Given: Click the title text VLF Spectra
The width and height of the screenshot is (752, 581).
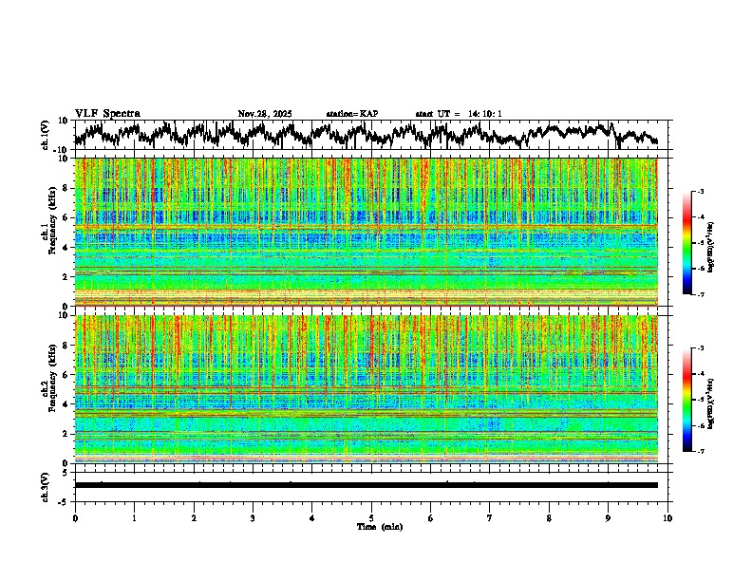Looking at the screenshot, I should (107, 114).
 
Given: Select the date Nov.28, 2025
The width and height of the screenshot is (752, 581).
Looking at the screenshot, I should (265, 114).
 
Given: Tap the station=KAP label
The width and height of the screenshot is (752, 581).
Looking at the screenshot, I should (351, 114).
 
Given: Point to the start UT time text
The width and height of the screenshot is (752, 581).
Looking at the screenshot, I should (459, 114).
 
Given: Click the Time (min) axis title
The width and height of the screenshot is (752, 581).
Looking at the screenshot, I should (379, 526).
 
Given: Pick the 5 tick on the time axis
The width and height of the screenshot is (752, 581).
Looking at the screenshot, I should (371, 518).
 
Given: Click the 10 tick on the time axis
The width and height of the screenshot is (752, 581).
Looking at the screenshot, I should (667, 518).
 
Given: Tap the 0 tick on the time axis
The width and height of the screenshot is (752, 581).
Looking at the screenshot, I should (75, 518).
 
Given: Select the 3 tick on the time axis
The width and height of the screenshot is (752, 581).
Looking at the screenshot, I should (253, 518).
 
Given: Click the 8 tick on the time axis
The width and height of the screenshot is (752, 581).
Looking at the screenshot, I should (549, 518).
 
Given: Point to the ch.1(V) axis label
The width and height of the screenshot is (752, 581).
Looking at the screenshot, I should (46, 135).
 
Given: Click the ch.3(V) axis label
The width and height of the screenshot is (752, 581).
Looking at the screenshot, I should (46, 486).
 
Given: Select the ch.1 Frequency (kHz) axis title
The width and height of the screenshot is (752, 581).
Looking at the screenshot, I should (47, 233).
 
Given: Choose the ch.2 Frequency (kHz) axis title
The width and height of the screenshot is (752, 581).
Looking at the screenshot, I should (47, 390).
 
